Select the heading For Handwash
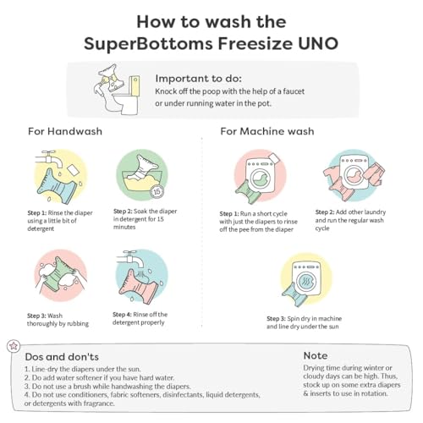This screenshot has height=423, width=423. coord(65,131)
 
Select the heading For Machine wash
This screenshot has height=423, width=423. coord(267,131)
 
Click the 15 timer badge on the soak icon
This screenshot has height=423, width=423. coord(157,192)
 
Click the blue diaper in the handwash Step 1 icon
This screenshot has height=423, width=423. coord(58,186)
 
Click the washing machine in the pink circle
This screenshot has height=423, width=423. coord(260,175)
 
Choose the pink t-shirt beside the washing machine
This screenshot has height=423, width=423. coord(332,176)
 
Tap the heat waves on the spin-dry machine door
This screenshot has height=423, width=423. coord(306,281)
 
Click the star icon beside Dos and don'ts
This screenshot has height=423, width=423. coord(14,346)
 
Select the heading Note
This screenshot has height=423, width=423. coord(316,355)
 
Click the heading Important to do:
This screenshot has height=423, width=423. coord(198,79)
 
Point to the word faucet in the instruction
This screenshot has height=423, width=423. coord(293,91)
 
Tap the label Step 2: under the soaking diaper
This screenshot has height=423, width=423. coord(123,211)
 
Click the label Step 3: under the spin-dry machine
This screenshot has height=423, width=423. coord(276,319)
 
